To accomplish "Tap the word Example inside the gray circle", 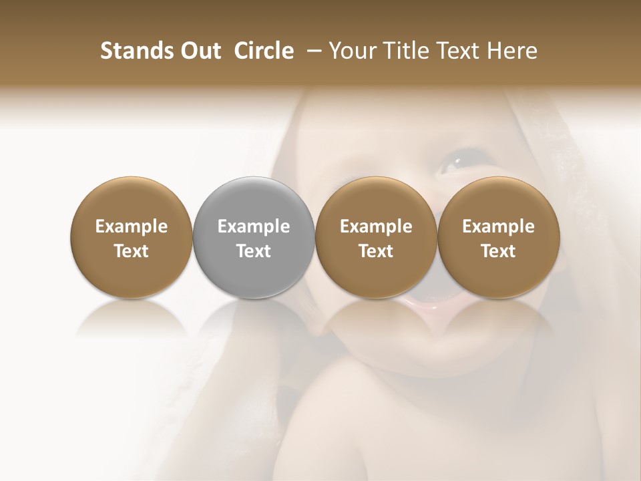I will (x=253, y=226).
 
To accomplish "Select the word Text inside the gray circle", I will (x=253, y=251).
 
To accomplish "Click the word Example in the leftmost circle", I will (x=131, y=226).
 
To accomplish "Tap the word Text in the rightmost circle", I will (x=498, y=251).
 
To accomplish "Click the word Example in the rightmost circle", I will (x=498, y=226).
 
